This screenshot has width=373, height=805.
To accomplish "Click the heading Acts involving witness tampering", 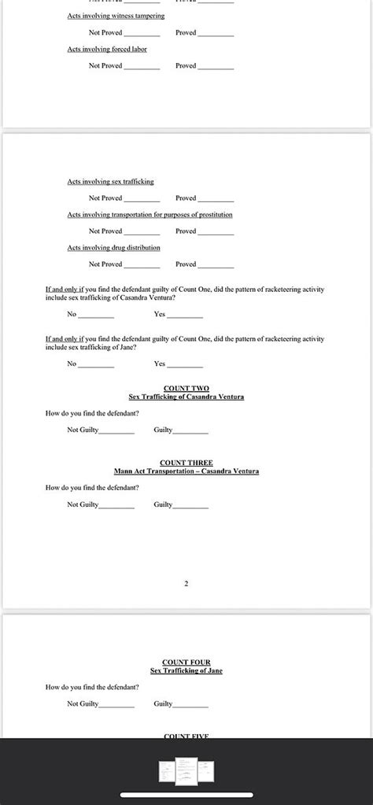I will coord(116,16).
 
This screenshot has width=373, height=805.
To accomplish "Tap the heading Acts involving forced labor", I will coord(107,49).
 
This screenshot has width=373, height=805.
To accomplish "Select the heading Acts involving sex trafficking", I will coord(110,182).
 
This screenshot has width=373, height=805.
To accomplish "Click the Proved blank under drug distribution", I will coord(216,264).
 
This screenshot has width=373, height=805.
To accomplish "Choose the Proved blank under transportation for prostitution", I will coord(216,231).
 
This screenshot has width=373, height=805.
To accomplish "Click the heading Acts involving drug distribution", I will coord(113,248).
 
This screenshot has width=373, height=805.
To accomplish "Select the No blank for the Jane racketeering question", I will coord(96,364).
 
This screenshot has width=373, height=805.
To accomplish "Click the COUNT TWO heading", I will coord(186,389).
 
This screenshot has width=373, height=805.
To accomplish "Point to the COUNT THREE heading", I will coord(186,463).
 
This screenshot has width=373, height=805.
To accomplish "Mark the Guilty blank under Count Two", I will coord(191,430).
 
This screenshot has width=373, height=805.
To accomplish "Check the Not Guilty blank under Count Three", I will coord(116,504).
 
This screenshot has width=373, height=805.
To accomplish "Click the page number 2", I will coord(186,584).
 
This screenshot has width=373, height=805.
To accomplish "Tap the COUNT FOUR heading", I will coord(186,663).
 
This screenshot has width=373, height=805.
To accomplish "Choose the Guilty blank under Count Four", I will coord(191,704).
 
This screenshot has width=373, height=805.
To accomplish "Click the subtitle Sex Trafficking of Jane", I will coord(186,670).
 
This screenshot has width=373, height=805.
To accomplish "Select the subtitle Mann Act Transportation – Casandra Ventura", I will coord(186,471).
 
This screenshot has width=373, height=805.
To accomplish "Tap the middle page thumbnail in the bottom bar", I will coord(186,770).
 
